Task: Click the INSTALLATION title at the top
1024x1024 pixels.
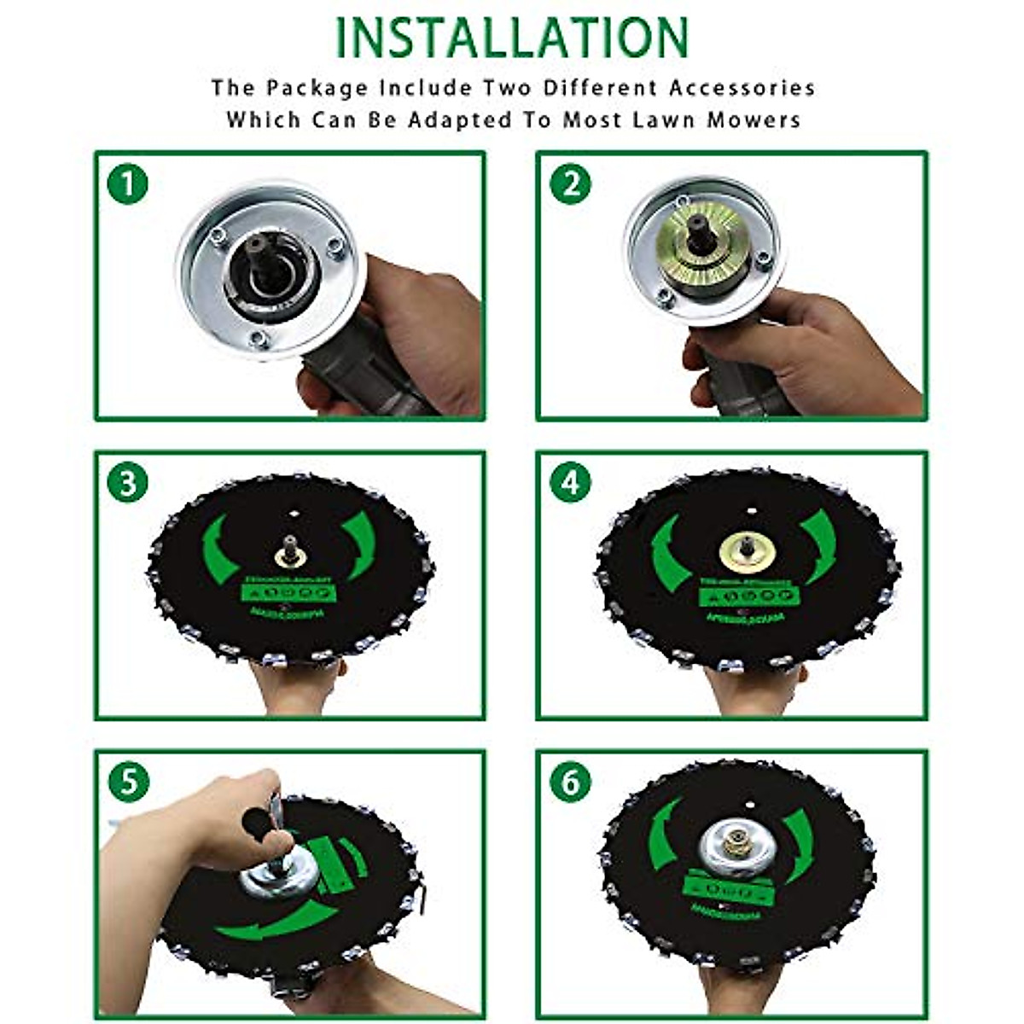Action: tap(512, 38)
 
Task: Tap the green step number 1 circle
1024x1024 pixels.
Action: tap(128, 184)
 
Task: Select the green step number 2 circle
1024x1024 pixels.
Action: tap(570, 184)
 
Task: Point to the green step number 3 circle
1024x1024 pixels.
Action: tap(128, 484)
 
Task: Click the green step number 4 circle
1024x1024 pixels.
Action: tap(570, 484)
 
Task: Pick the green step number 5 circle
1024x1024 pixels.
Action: tap(128, 782)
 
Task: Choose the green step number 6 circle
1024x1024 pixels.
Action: tap(570, 782)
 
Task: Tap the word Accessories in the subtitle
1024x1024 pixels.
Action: tap(742, 88)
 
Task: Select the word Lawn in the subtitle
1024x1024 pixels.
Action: tap(666, 119)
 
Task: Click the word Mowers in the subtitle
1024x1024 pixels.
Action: tap(753, 119)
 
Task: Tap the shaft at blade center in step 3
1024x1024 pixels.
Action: tap(291, 550)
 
